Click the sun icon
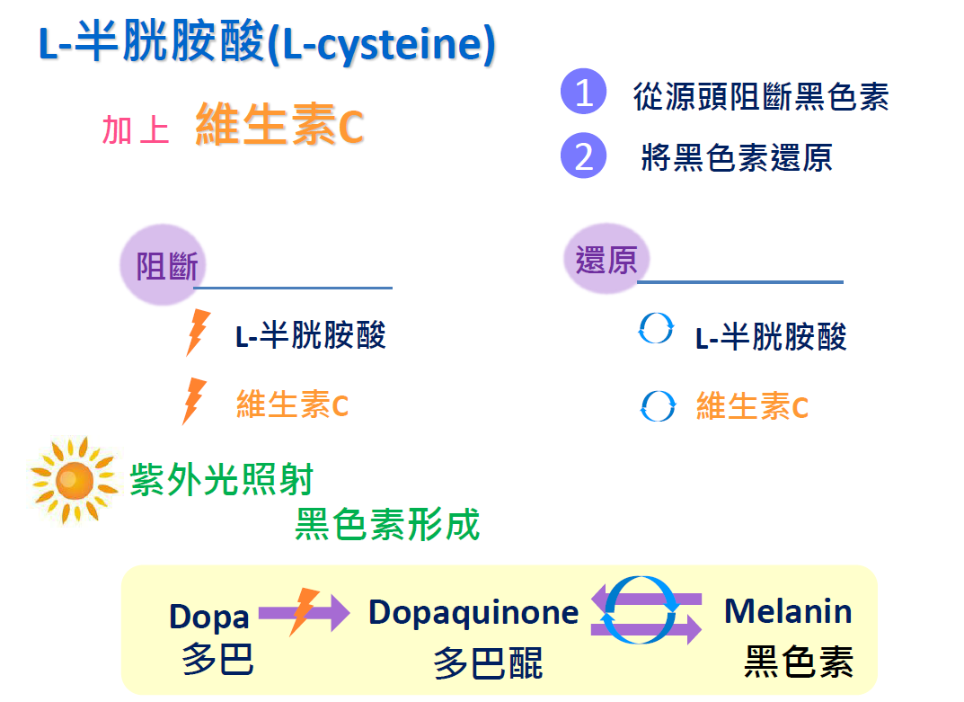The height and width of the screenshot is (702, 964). pos(74,481)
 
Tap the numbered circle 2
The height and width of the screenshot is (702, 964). pos(583,155)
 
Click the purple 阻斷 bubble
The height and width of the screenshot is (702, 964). pos(164,265)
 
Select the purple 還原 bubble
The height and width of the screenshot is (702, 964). pos(606,259)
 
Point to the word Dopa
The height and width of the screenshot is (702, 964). pos(209,616)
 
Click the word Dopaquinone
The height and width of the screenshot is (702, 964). pos(473,613)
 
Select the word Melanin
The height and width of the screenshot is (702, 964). pos(788,611)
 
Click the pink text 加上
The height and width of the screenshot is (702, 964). pos(136,129)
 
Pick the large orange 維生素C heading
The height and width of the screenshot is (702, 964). pos(279,125)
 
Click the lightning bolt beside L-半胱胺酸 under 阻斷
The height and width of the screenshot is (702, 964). pos(198,333)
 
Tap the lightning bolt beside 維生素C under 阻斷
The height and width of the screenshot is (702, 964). pos(194,401)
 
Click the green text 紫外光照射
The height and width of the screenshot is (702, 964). pos(221,479)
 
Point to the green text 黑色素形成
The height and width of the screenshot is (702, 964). pos(387,524)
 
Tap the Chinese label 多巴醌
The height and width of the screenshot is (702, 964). pos(488,663)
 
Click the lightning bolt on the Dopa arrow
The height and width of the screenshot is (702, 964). pos(304,611)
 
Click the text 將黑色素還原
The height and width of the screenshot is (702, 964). pos(737,157)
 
